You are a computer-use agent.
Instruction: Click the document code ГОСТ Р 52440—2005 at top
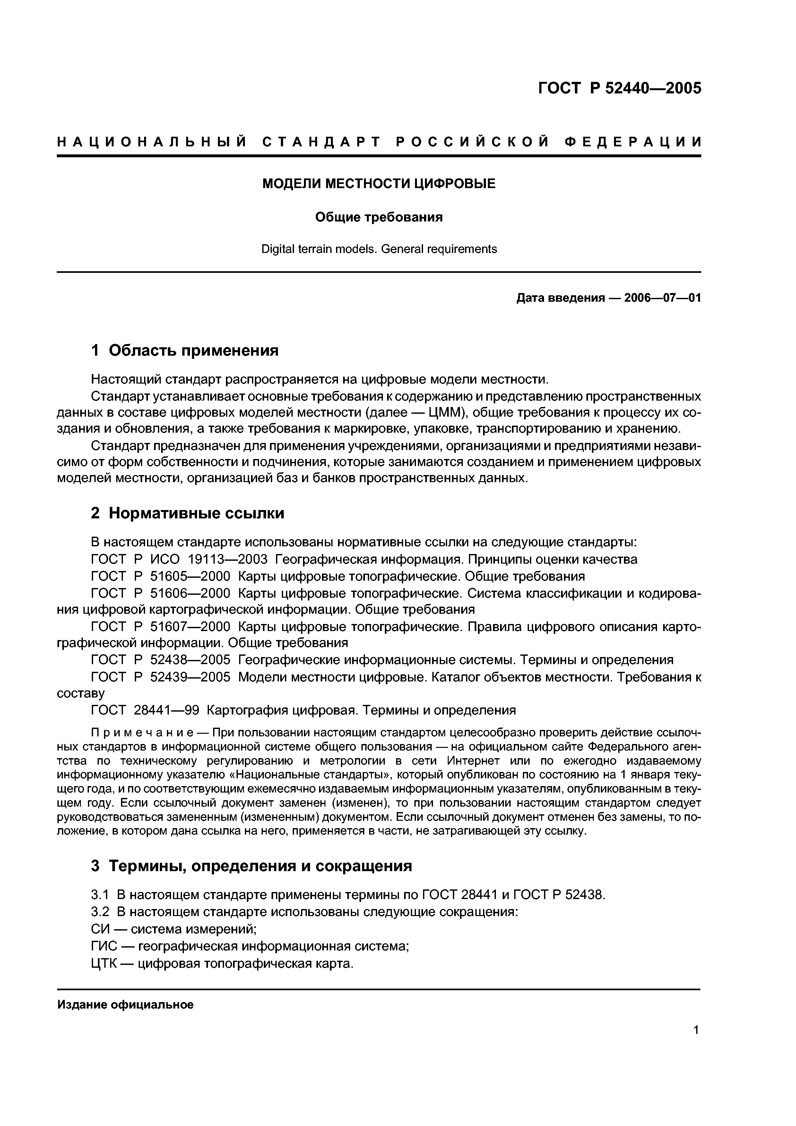(620, 88)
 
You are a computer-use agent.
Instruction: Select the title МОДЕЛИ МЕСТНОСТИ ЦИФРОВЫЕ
(379, 184)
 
